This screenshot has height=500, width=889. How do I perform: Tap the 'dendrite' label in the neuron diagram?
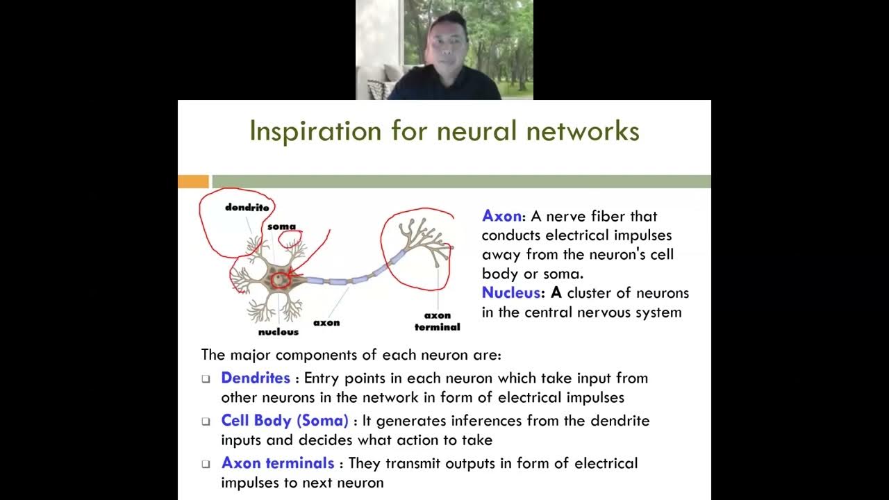(x=247, y=207)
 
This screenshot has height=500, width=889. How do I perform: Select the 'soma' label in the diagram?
(x=281, y=226)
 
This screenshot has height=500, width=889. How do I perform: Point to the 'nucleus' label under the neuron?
(x=279, y=332)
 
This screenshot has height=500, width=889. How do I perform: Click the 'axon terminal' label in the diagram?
(x=438, y=321)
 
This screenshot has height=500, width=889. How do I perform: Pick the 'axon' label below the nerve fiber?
(x=326, y=322)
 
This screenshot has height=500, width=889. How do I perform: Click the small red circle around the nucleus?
(x=280, y=280)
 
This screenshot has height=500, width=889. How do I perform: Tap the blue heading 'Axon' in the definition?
(x=501, y=216)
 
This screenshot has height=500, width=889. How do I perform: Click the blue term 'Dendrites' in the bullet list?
(x=256, y=378)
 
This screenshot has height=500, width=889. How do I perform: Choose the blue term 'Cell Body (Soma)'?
(x=285, y=421)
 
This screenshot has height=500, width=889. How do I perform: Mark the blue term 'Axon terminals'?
(x=278, y=463)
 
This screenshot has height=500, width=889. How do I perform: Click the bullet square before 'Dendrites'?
(x=206, y=379)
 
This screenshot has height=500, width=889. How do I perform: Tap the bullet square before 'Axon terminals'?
(x=206, y=464)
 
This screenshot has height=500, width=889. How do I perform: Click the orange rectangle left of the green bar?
(x=193, y=182)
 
